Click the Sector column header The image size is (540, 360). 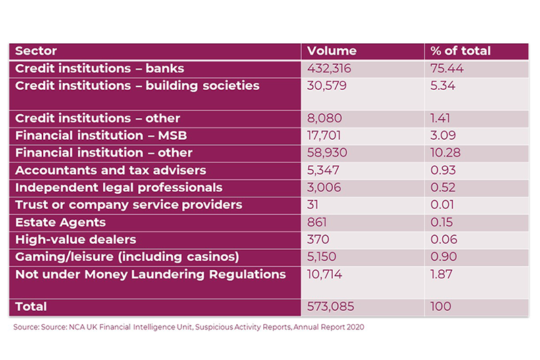[x=36, y=51]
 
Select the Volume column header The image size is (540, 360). [x=331, y=51]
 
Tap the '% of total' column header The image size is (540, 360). [x=460, y=51]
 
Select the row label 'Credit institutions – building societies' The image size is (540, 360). [x=136, y=86]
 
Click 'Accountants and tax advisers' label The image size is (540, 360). [x=110, y=170]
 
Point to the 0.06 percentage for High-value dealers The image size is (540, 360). [x=443, y=239]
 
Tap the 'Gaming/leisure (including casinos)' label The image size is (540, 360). [x=126, y=257]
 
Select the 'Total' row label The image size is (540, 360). [x=31, y=307]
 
